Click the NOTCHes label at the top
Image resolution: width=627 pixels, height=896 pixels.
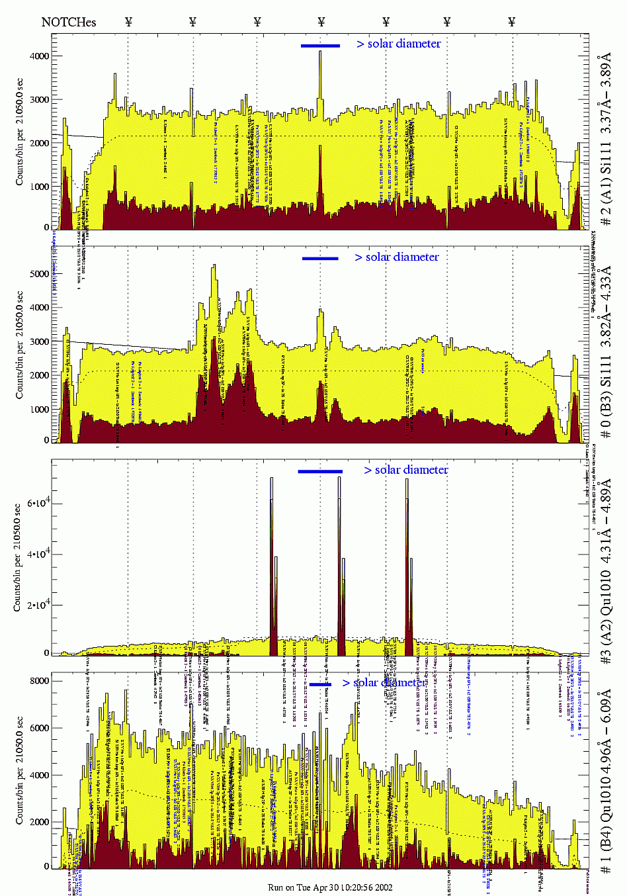point(68,22)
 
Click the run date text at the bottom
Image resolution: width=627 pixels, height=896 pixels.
point(330,887)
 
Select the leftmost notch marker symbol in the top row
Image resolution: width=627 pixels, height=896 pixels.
point(128,22)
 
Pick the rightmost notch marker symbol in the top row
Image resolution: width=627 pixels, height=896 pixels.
point(512,22)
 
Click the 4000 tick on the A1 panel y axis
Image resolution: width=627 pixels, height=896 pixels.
point(39,56)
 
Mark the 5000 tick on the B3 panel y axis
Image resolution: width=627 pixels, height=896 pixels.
point(39,274)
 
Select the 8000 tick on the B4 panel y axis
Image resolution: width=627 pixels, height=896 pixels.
point(39,681)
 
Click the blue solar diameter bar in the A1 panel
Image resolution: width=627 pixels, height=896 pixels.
point(320,46)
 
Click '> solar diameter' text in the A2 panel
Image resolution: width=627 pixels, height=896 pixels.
point(406,470)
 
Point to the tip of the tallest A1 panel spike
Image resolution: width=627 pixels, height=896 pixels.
point(320,52)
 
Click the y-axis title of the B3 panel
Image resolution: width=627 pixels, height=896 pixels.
point(19,344)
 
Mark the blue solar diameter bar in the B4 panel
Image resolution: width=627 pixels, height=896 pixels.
point(320,684)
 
